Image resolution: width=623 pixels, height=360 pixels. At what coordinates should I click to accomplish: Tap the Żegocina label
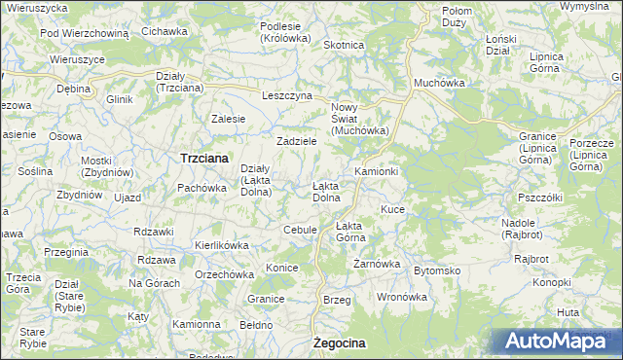click(x=340, y=343)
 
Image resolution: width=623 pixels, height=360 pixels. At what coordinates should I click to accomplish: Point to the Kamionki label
click(x=377, y=171)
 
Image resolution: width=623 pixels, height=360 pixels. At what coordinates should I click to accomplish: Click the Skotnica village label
click(x=343, y=45)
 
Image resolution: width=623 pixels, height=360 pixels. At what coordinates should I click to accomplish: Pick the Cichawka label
click(x=164, y=31)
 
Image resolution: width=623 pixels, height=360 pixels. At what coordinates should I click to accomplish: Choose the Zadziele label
click(x=297, y=141)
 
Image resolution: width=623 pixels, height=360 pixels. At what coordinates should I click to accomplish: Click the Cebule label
click(x=300, y=230)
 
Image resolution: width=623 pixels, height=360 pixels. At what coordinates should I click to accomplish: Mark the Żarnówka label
click(x=377, y=264)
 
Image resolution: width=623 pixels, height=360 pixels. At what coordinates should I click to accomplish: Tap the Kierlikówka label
click(x=223, y=246)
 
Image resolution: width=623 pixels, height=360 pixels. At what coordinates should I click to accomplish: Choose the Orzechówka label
click(x=223, y=274)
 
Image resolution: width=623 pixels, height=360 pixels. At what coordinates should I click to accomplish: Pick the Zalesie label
click(x=228, y=119)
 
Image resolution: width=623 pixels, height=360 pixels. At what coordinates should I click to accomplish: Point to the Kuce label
click(x=392, y=209)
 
